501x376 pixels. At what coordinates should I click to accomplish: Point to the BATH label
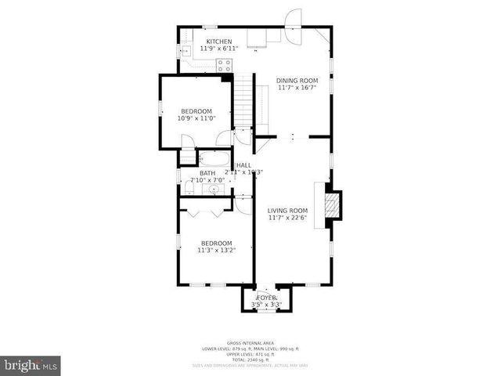207,173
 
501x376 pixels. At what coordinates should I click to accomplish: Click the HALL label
243,165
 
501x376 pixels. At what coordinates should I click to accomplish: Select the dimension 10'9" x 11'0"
196,119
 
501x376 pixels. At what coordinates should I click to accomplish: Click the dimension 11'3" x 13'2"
215,251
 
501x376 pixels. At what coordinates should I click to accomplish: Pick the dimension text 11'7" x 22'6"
288,219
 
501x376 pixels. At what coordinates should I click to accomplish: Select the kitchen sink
187,52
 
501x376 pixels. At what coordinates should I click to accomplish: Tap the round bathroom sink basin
213,190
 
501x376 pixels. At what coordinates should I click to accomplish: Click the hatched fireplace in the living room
333,204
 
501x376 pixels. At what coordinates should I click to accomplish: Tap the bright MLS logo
31,365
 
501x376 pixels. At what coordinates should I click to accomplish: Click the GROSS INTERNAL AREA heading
250,343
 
